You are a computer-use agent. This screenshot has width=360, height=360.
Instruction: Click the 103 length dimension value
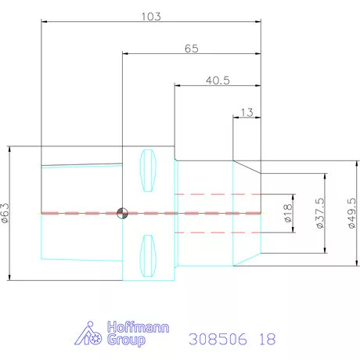click(151, 16)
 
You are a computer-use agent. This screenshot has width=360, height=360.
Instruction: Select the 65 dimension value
click(192, 49)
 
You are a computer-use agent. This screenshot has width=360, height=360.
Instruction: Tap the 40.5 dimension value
click(218, 81)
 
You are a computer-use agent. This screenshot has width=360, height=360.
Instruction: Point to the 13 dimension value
click(247, 113)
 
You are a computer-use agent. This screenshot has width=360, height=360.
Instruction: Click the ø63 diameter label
click(5, 213)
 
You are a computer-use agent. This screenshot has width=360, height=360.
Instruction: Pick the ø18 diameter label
click(287, 213)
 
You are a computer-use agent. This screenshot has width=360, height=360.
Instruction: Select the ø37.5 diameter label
click(320, 213)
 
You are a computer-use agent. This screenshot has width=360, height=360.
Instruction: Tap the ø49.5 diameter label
click(352, 213)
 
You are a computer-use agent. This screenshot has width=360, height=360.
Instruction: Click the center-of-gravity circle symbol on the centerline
click(122, 213)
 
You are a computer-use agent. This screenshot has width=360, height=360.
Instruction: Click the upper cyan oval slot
click(148, 171)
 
